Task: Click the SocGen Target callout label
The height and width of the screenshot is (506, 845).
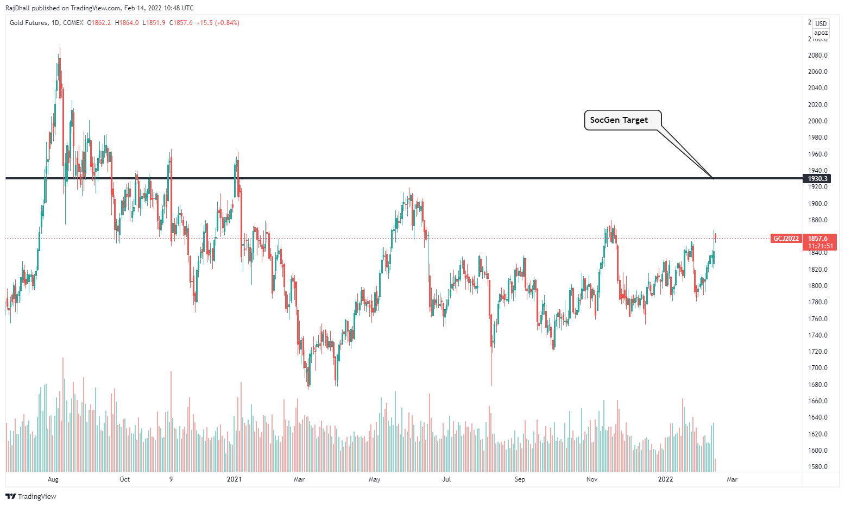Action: click(x=619, y=120)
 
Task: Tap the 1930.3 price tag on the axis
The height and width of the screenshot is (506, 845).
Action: click(x=817, y=179)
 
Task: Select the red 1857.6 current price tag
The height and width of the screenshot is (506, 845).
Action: click(x=818, y=238)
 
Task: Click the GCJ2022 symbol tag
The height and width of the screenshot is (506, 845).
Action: click(x=786, y=239)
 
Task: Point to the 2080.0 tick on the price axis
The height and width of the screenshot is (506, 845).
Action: click(x=817, y=55)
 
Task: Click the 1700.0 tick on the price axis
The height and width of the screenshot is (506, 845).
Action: click(x=817, y=368)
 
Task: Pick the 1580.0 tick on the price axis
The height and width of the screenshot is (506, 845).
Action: click(x=817, y=467)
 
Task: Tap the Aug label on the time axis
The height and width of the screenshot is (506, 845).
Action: click(x=53, y=479)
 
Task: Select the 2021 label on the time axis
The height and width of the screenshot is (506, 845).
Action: click(x=234, y=479)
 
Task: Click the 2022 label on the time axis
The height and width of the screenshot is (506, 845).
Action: click(x=665, y=479)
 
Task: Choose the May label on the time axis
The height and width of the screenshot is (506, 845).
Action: click(x=374, y=479)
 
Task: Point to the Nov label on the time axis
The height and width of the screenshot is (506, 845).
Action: click(x=592, y=479)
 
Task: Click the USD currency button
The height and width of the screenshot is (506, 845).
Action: click(x=821, y=24)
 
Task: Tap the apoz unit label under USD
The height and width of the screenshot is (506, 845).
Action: click(x=821, y=33)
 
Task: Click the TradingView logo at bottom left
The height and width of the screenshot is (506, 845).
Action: click(x=31, y=496)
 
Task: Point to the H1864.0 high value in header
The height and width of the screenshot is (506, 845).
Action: click(x=127, y=23)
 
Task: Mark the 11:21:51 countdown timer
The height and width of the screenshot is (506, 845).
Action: click(x=821, y=246)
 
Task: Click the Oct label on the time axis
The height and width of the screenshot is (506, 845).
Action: click(x=124, y=479)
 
